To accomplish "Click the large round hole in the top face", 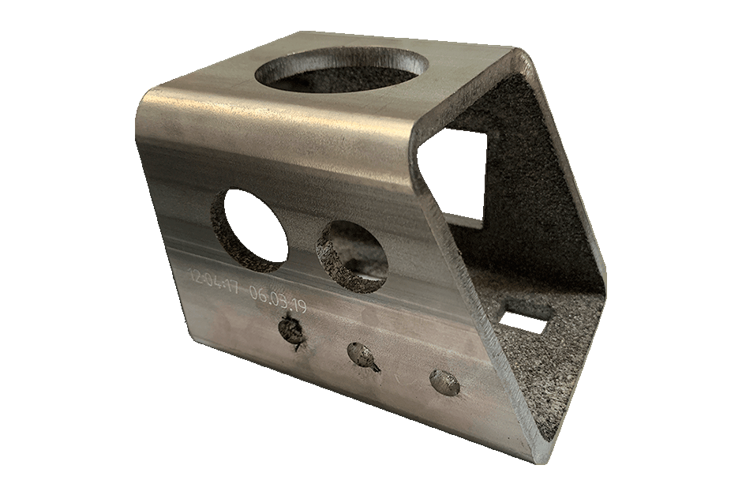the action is [x=343, y=71].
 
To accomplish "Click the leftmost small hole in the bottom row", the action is [x=291, y=330].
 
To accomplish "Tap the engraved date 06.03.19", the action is [x=277, y=299].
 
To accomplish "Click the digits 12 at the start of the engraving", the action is [x=194, y=275].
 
